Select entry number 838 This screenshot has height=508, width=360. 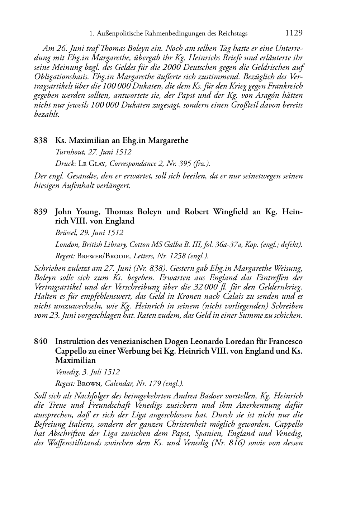point(41,140)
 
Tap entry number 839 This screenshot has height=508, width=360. point(41,212)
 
